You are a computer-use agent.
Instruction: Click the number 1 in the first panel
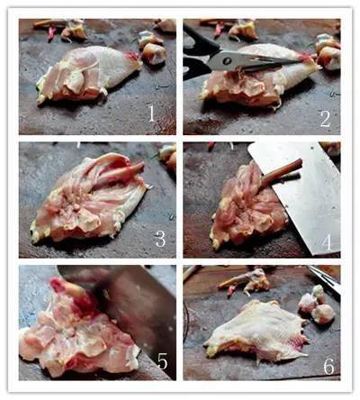coord(152,114)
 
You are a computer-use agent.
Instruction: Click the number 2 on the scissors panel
coord(325,119)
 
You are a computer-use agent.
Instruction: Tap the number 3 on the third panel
coord(160,239)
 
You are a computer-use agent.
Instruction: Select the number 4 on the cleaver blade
coord(327,242)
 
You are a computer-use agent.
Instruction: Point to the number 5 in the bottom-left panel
coord(162,360)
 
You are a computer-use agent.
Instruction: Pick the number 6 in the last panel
coord(328,366)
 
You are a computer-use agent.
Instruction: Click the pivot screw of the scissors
coord(227,61)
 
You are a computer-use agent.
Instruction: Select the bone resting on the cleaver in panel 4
coord(281,174)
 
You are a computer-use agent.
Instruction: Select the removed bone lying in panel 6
coord(245,281)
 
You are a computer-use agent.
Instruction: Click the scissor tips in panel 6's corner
coord(326,279)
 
